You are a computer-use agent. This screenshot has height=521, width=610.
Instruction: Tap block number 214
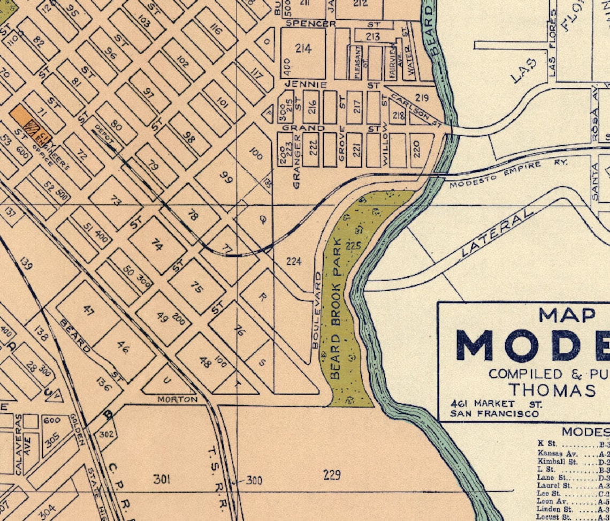click(303, 49)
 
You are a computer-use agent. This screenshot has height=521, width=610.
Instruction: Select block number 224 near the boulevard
click(294, 261)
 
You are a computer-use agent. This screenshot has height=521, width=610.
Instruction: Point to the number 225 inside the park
click(354, 246)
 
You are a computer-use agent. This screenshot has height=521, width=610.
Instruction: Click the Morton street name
click(177, 399)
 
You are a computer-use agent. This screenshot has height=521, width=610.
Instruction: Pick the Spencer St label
click(310, 24)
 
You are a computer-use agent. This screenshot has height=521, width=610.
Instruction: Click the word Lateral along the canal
click(497, 232)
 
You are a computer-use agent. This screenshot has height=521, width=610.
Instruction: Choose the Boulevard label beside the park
click(318, 310)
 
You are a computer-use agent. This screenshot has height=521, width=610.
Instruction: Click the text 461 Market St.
click(496, 403)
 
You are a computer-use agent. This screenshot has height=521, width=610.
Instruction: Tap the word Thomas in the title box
click(552, 390)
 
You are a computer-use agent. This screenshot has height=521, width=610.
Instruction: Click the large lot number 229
click(332, 474)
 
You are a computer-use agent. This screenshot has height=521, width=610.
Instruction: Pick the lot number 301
click(162, 479)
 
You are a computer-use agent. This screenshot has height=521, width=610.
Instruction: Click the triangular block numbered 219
click(422, 98)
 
